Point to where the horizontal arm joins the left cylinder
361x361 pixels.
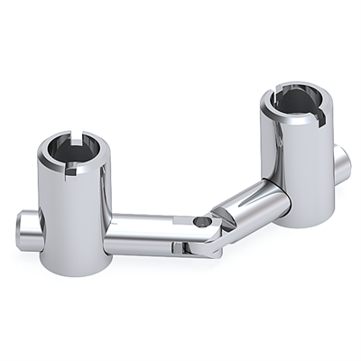[x=110, y=232]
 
